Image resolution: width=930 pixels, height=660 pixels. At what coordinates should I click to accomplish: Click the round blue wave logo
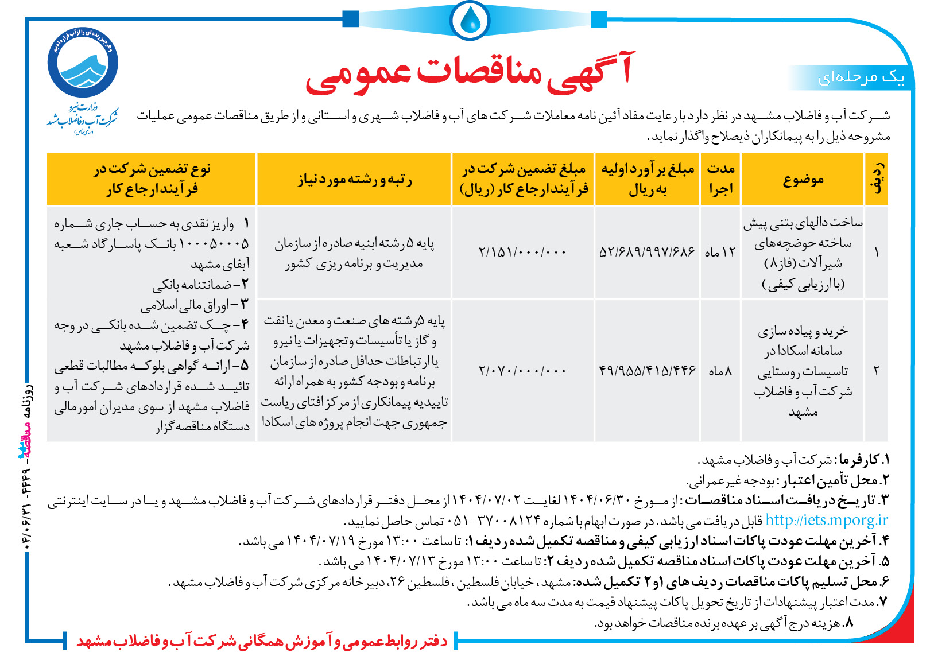click(83, 63)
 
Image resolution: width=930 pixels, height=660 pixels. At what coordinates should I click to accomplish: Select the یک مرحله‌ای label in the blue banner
click(861, 77)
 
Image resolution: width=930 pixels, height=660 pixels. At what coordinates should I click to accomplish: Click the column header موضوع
click(803, 180)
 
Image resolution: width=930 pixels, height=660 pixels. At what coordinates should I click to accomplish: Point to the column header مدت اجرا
click(720, 178)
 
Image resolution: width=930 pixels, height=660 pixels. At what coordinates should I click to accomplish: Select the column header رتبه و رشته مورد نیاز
click(354, 180)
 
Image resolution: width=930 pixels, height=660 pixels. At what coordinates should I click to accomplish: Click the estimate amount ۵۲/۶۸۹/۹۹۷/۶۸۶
click(647, 252)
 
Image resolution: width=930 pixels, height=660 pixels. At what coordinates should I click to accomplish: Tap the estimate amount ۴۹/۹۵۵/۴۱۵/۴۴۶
click(647, 371)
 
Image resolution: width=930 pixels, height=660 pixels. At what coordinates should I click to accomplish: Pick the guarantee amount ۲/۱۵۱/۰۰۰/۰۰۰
click(522, 252)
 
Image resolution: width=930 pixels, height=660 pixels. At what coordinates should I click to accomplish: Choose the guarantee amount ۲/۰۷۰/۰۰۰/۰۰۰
click(522, 371)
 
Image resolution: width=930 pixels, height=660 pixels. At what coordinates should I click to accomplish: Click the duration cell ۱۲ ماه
click(720, 252)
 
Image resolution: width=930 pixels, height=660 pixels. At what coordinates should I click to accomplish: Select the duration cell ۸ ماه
click(720, 371)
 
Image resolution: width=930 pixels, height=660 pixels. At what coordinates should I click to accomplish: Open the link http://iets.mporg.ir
click(826, 520)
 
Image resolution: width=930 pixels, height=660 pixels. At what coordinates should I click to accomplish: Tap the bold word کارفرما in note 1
click(858, 460)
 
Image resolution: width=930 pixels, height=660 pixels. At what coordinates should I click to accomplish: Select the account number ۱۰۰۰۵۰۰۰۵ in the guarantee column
click(214, 243)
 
